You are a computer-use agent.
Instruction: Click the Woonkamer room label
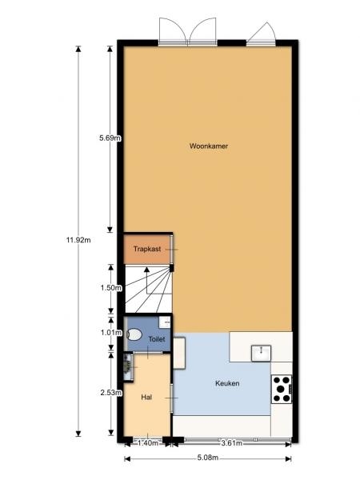point(209,146)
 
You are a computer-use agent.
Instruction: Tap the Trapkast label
point(147,249)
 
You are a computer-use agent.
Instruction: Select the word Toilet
point(157,339)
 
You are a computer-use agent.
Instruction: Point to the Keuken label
point(227,383)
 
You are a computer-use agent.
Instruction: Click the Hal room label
point(146,397)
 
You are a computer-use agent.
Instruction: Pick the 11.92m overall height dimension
point(78,240)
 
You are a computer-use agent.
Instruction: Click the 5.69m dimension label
point(110,138)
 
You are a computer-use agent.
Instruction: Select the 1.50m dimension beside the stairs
point(111,288)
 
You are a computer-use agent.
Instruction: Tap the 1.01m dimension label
point(111,333)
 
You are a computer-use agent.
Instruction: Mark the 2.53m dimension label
point(111,393)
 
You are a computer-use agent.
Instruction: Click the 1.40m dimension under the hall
point(148,442)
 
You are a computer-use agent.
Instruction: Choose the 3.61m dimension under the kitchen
point(232,442)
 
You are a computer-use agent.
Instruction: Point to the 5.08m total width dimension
point(207,458)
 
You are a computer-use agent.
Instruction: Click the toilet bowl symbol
point(134,334)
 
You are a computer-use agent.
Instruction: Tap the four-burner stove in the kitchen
point(282,389)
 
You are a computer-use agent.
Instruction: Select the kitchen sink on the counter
point(261,353)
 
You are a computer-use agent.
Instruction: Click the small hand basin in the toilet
point(165,322)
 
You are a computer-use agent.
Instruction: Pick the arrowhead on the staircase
point(146,270)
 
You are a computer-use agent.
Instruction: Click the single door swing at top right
point(262,33)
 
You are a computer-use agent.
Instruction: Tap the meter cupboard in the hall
point(128,367)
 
